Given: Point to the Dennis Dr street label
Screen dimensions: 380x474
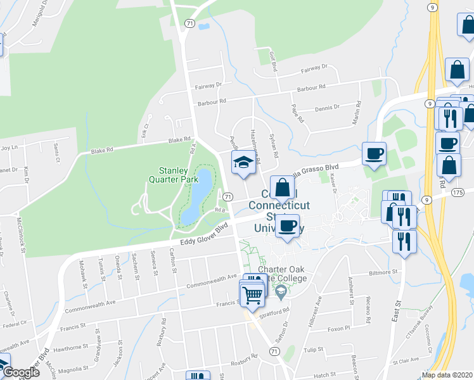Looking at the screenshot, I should (x=327, y=108).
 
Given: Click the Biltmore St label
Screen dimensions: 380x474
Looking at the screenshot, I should (x=383, y=272).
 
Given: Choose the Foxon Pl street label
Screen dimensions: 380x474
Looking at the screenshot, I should (x=339, y=329).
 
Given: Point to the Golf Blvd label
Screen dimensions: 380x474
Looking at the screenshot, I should (x=274, y=61).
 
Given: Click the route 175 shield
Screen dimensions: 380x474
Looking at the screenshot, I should (x=458, y=191).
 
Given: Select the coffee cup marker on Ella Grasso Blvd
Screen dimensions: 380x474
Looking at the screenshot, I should (x=373, y=152).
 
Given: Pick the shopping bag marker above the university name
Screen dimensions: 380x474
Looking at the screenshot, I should (x=282, y=187).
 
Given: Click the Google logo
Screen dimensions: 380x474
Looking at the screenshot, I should (x=20, y=373).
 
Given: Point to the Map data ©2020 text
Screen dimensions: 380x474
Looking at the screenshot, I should (x=447, y=375).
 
